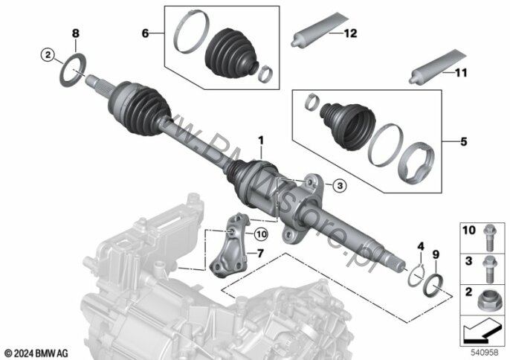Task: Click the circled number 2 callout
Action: coord(48,55)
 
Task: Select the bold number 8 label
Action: coord(76,33)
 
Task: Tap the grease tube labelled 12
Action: coord(319,30)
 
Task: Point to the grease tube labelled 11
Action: coord(437,67)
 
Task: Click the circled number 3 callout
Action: coord(340,185)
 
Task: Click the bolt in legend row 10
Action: coord(489,238)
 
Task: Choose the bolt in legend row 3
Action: coord(489,269)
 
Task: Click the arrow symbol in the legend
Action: coord(482,330)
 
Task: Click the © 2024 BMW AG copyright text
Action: coord(36,353)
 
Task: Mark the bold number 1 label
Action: coord(261,141)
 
